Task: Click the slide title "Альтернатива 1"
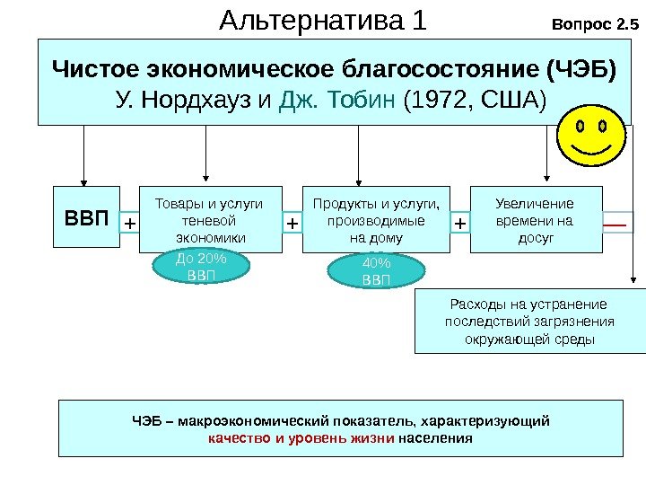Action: [324, 20]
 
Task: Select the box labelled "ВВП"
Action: [85, 219]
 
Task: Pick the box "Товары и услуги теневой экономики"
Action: [209, 220]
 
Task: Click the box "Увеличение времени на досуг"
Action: [535, 220]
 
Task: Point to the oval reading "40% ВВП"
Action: [376, 271]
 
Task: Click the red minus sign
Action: [616, 220]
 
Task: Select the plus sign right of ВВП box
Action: [130, 221]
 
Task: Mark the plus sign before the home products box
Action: [292, 221]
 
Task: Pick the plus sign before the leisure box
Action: [459, 221]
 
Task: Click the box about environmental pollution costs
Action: [529, 322]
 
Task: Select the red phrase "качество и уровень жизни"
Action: [301, 439]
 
